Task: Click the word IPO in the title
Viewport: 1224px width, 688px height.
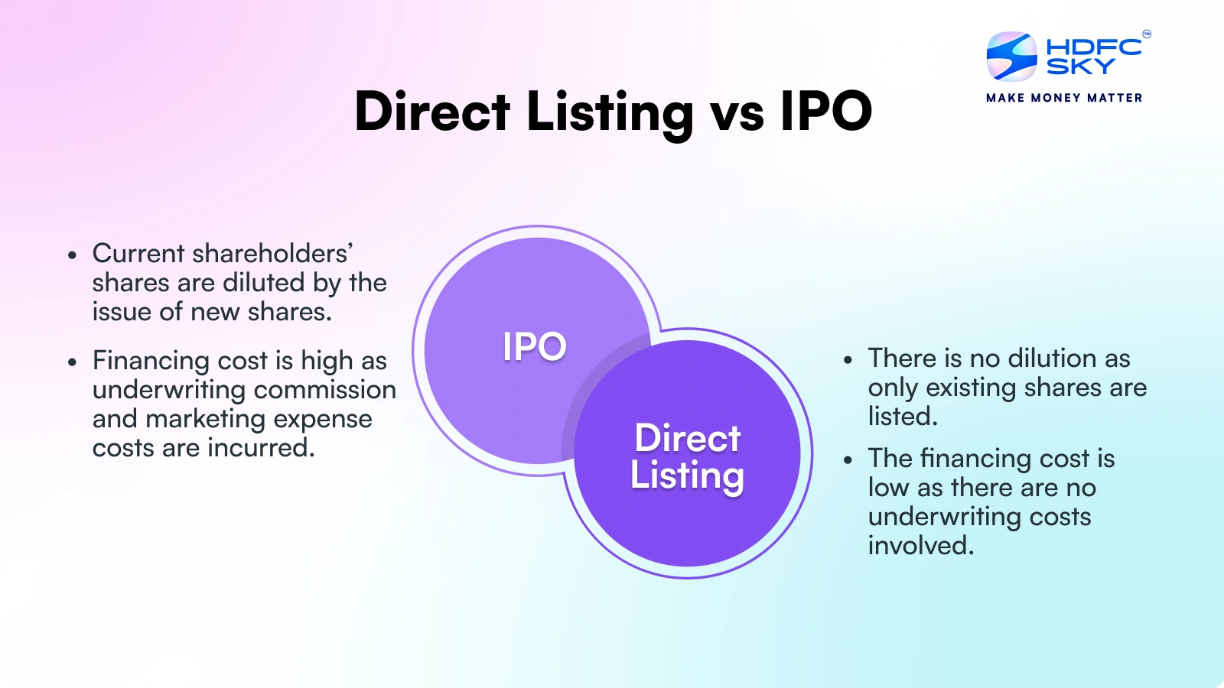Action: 826,112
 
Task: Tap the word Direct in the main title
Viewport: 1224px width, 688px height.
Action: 432,112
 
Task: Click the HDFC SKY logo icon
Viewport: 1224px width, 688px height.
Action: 1011,57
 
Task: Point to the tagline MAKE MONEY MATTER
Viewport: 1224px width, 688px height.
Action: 1064,98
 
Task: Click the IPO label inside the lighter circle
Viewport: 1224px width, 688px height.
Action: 535,346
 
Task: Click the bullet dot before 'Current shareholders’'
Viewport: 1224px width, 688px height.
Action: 72,255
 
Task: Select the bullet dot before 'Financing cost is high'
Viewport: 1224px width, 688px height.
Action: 72,362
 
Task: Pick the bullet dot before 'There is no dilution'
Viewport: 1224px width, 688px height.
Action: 848,360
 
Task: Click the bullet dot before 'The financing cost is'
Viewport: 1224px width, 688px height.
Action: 848,459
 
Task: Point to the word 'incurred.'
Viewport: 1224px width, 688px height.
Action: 261,448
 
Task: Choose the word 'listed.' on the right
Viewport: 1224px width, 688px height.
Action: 903,417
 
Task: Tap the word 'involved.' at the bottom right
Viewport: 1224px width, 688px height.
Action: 921,546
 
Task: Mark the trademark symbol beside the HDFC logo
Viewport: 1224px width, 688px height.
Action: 1147,34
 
